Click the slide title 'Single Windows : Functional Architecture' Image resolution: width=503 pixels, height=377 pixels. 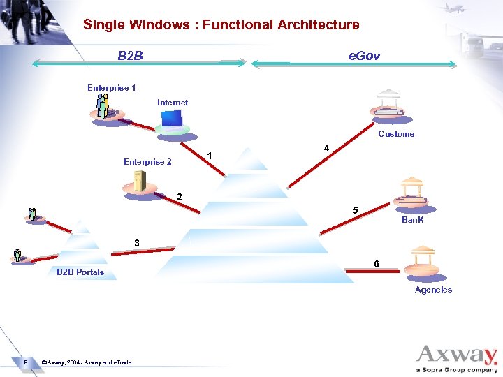221,25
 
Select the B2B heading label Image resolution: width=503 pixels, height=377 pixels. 131,54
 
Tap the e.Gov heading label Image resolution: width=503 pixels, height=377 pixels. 365,55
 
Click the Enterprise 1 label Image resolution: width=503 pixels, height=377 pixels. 112,88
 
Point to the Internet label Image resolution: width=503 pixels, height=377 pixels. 173,103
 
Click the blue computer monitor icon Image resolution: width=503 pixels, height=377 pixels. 172,121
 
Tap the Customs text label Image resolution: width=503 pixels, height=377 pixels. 396,134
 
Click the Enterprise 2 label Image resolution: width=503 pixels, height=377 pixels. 147,162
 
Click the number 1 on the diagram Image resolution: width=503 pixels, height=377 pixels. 210,155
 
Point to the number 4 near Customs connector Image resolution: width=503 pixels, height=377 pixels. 326,148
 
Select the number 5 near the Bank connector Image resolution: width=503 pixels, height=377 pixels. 356,210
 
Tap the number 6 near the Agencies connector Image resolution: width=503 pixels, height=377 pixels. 377,264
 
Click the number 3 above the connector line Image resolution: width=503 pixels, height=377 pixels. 137,243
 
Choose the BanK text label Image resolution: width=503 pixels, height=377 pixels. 413,221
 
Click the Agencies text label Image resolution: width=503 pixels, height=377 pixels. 433,290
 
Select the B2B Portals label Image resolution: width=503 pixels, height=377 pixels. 80,272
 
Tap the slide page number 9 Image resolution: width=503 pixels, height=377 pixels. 25,362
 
